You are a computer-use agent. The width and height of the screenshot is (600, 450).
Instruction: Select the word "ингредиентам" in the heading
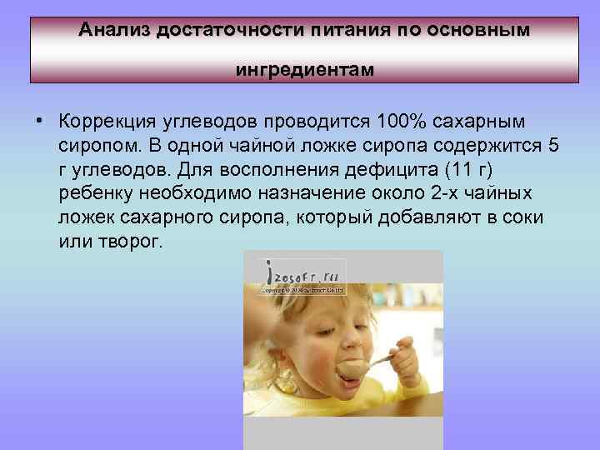point(304,70)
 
